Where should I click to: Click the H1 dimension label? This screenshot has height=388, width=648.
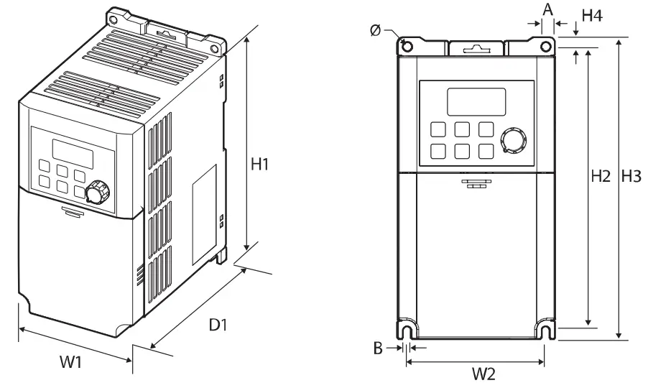[259, 164]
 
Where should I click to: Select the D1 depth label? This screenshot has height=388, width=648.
[218, 325]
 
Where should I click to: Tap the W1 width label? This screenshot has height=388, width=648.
[70, 362]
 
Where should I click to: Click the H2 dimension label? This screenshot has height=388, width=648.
[601, 175]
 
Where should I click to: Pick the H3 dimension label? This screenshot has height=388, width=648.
[632, 175]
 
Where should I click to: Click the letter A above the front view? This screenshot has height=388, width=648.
[547, 9]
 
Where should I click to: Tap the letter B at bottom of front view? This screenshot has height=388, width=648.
[377, 348]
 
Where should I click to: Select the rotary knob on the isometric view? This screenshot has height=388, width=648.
[96, 193]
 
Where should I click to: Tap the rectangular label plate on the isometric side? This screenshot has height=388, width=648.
[203, 213]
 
